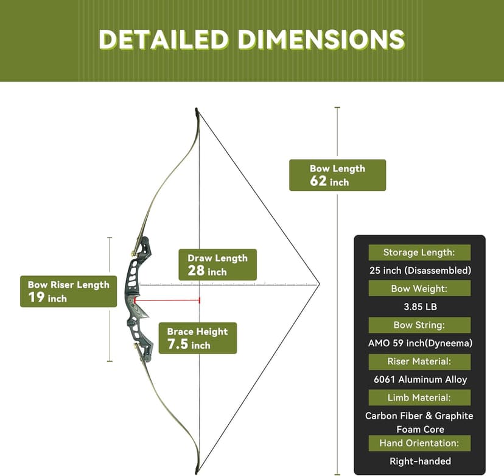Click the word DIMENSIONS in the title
[321, 39]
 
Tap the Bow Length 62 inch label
[337, 175]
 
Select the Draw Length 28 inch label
[217, 265]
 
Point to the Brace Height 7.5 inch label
[198, 338]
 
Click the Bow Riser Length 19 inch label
[68, 291]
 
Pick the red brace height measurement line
[167, 300]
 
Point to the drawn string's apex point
[319, 284]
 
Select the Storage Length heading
[419, 252]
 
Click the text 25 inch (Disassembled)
[420, 271]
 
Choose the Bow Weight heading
[419, 288]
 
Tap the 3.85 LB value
[420, 307]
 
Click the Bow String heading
[419, 325]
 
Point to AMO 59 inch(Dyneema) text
[420, 343]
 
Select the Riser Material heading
[419, 361]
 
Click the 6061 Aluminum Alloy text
[420, 380]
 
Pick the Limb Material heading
[419, 398]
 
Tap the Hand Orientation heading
[419, 443]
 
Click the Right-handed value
[420, 461]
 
